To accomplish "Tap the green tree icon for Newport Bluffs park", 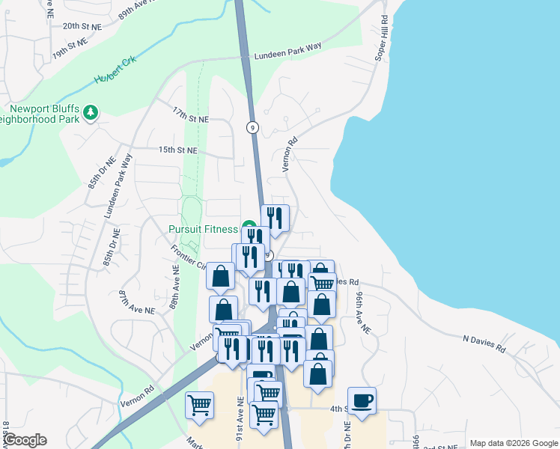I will click(91, 112).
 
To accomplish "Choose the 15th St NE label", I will click(177, 150).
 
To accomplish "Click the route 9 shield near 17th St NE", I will click(253, 127).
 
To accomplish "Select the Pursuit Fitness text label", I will click(202, 229).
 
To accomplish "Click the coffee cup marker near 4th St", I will click(362, 400).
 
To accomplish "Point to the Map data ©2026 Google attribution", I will click(514, 443).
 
